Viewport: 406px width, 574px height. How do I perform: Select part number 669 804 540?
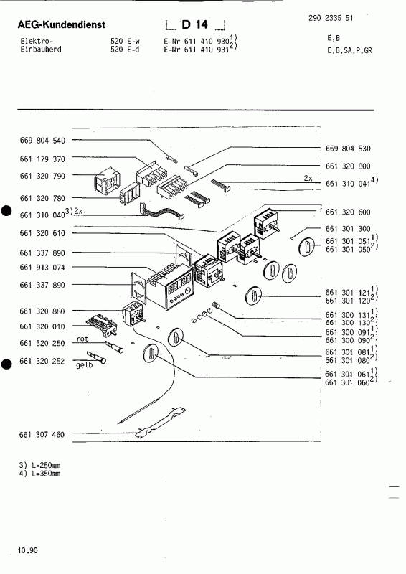click(43, 141)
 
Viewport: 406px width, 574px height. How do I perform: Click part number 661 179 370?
click(43, 159)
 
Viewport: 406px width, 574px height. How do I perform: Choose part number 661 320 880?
click(43, 311)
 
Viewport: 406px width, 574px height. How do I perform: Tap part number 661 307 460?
click(43, 435)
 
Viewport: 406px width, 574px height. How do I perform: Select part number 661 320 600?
click(349, 212)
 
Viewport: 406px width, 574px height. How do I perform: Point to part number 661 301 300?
click(349, 227)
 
